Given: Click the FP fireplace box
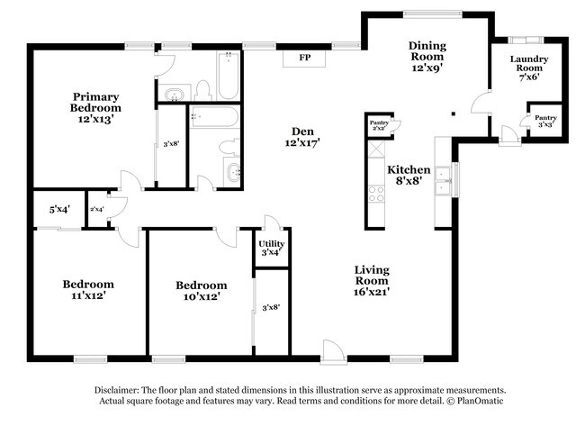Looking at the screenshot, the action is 304,59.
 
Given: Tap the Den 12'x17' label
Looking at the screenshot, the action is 302,137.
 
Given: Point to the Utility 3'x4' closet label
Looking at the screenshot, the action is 272,249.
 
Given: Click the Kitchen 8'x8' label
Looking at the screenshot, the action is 409,175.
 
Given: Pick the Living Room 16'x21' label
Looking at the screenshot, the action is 372,280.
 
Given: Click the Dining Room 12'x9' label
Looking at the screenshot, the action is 427,57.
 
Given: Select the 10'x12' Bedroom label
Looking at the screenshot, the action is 202,291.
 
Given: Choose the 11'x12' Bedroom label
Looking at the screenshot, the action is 88,290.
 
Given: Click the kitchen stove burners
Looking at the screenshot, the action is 376,194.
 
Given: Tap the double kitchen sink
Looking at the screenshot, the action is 443,180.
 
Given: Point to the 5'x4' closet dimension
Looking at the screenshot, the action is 59,210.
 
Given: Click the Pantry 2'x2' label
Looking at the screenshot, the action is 379,125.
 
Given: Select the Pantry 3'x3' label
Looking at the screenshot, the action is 545,121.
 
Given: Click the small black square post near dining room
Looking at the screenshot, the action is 454,113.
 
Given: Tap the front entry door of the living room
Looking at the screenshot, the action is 333,352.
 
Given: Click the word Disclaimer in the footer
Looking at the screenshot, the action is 117,390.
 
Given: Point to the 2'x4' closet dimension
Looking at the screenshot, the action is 97,210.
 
